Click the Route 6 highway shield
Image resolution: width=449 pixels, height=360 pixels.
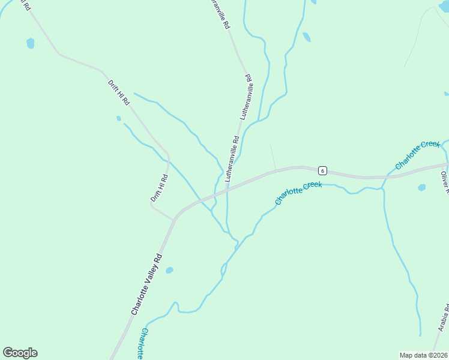(322, 170)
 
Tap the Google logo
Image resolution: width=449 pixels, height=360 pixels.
(20, 353)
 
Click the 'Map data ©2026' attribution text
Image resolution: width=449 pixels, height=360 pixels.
(423, 355)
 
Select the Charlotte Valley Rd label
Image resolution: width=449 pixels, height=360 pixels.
(147, 284)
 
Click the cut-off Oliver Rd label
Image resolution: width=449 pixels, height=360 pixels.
(445, 182)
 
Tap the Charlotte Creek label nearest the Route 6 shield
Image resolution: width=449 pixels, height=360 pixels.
(298, 193)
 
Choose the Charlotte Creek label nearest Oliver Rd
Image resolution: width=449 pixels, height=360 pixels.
(418, 154)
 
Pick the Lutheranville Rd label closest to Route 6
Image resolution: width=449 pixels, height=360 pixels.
(232, 159)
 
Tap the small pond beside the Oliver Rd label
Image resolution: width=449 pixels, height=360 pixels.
(421, 187)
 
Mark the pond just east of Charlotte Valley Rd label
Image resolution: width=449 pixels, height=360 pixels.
(169, 270)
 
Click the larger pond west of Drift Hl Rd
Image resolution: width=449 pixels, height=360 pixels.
(30, 43)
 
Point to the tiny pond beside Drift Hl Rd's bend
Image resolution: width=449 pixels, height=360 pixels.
(119, 118)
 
